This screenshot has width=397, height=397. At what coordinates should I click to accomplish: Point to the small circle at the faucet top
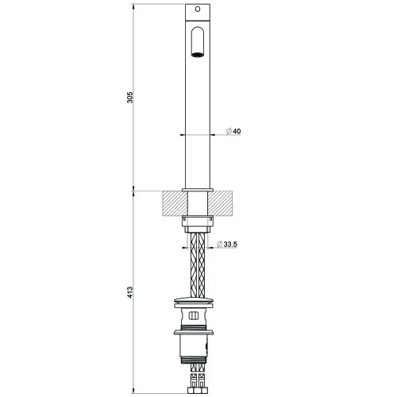(198, 11)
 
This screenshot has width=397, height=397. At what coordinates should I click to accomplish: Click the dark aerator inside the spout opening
(198, 55)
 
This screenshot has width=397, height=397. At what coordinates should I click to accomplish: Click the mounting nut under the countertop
(198, 222)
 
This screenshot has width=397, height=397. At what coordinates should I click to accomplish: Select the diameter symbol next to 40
(227, 131)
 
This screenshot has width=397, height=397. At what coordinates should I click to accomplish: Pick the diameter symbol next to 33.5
(220, 245)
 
